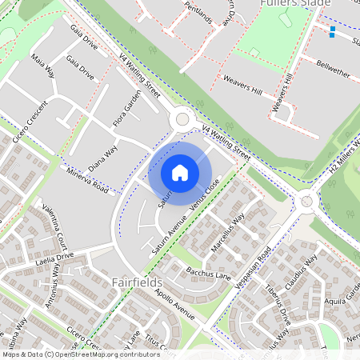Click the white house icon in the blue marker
pyautogui.click(x=180, y=172)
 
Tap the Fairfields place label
pyautogui.click(x=137, y=283)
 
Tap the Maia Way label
pyautogui.click(x=41, y=65)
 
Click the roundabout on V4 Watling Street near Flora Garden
pyautogui.click(x=182, y=119)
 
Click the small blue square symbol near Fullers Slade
pyautogui.click(x=332, y=32)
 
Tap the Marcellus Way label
pyautogui.click(x=227, y=232)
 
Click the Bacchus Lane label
pyautogui.click(x=208, y=274)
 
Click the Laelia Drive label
pyautogui.click(x=54, y=258)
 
